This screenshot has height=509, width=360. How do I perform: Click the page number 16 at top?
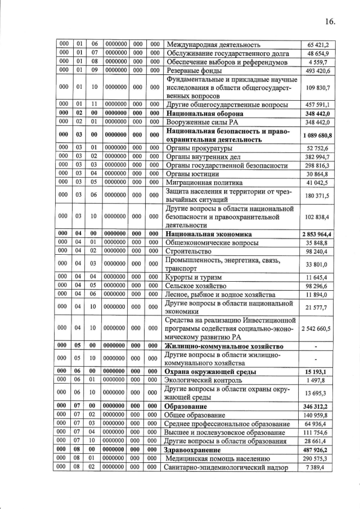pos(330,21)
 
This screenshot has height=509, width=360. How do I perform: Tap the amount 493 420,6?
pos(318,71)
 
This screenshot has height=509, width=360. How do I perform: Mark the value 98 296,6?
pos(318,286)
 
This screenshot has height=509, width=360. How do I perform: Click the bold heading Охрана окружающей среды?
pos(210,372)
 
